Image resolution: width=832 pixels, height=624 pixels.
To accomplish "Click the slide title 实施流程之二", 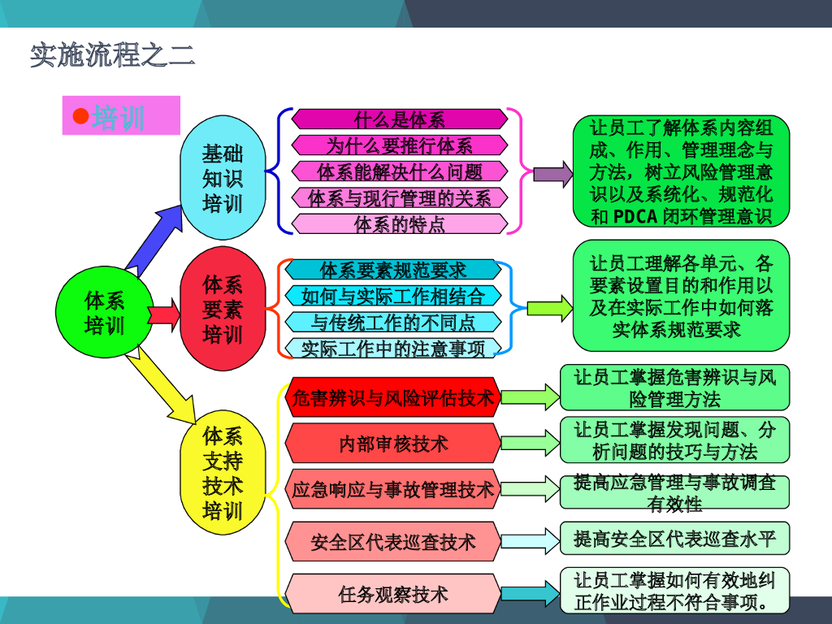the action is click(x=112, y=55).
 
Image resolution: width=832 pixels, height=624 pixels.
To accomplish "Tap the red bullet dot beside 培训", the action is click(x=80, y=116).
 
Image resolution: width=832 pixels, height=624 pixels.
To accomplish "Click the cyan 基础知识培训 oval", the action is click(x=222, y=179).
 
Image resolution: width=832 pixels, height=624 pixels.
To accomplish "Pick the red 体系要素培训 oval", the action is click(x=222, y=310).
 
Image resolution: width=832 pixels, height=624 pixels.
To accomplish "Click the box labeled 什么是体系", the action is click(x=399, y=119).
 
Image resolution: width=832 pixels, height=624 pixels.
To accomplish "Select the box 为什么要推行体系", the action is click(x=399, y=145).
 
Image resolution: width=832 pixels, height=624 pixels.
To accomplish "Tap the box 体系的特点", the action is click(x=399, y=223).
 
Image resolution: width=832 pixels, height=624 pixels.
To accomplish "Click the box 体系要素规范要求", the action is click(x=392, y=270).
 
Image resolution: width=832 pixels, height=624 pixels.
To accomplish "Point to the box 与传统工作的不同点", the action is click(x=392, y=322).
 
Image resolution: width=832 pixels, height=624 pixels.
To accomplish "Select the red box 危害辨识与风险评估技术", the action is click(x=392, y=398).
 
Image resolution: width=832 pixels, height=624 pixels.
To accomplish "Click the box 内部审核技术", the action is click(x=392, y=444).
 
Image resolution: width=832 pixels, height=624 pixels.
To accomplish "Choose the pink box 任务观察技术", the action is click(x=392, y=594).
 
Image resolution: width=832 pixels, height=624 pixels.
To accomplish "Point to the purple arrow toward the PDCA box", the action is click(x=552, y=174).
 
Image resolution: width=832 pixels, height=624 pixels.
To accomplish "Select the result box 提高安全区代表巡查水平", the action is click(x=674, y=539).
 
